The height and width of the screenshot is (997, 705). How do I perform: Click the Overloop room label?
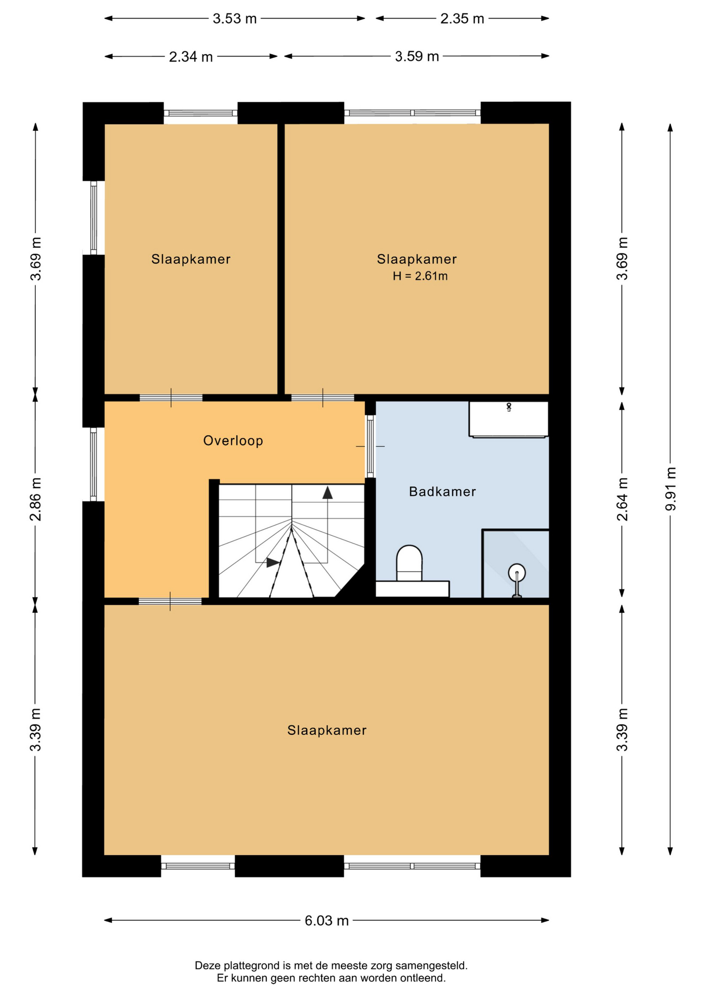233,441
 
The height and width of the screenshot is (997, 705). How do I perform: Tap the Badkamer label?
442,491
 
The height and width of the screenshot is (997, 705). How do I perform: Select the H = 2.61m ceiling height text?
420,276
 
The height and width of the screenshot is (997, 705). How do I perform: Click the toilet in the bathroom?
409,563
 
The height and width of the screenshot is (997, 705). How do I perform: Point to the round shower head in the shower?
517,573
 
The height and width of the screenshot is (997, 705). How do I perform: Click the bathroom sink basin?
509,419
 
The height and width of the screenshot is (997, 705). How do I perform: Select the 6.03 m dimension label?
327,921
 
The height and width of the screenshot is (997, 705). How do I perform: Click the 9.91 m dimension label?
671,489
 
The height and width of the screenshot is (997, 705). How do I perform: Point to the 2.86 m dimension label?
35,499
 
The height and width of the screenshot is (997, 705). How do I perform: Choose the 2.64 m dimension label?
622,499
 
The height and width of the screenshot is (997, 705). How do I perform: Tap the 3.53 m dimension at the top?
235,19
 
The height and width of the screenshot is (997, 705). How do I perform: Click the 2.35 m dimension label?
462,19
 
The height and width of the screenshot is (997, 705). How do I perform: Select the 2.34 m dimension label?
191,57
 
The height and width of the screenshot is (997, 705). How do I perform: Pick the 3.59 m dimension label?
417,56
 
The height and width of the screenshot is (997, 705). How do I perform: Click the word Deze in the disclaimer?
207,966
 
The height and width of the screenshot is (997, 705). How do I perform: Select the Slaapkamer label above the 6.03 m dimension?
327,731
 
